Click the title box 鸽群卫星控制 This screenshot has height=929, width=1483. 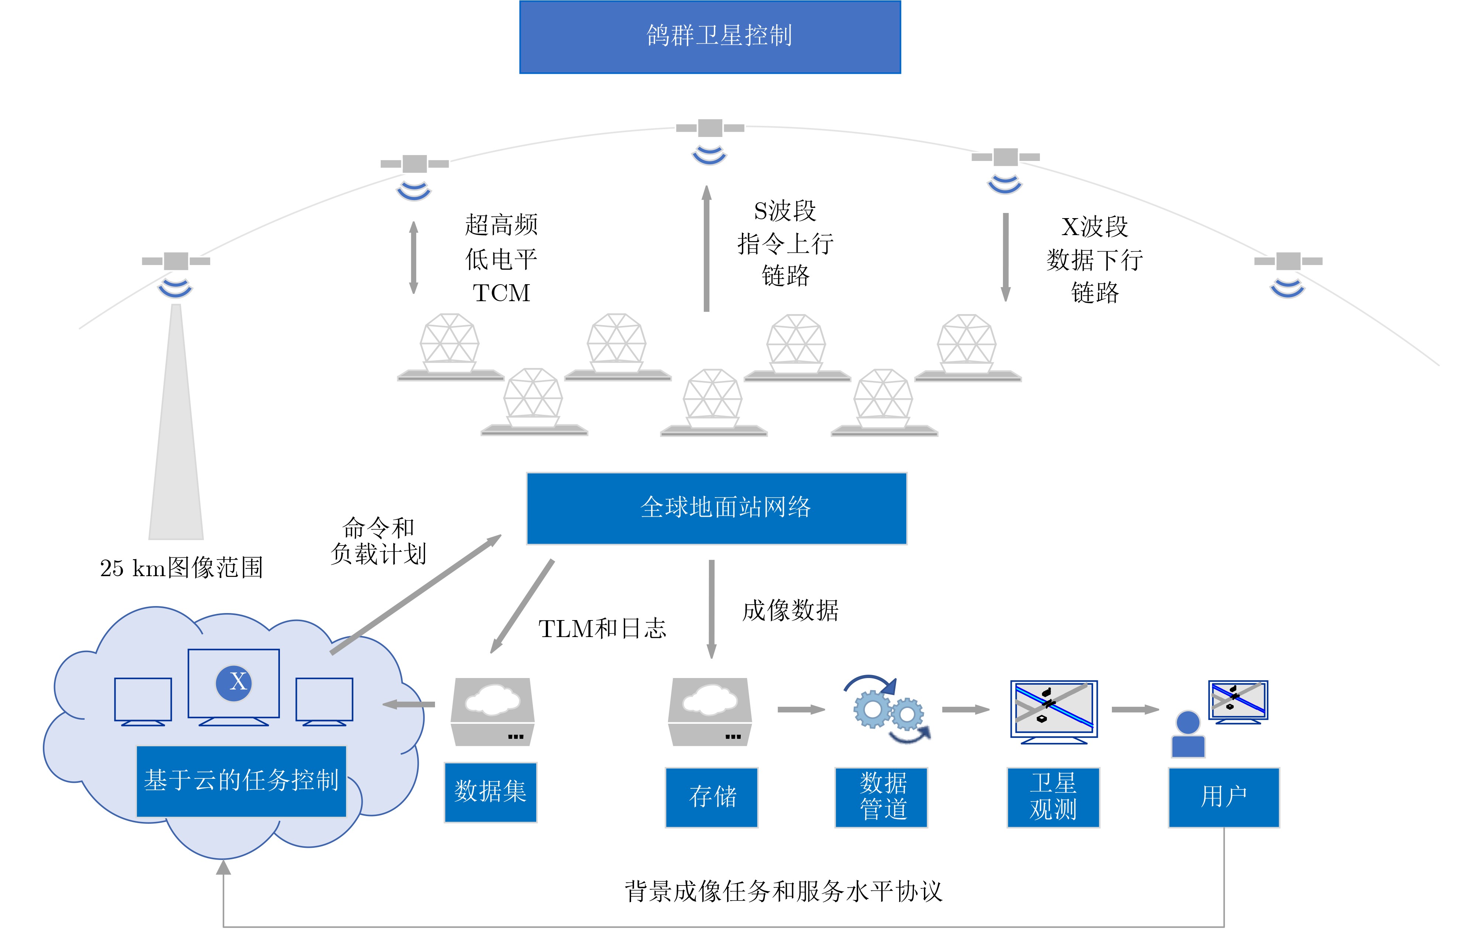pyautogui.click(x=710, y=37)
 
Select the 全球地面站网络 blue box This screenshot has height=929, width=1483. pyautogui.click(x=717, y=508)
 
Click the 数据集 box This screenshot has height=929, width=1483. pyautogui.click(x=490, y=792)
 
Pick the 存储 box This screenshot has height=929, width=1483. pyautogui.click(x=712, y=797)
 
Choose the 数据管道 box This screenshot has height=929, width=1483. pyautogui.click(x=881, y=797)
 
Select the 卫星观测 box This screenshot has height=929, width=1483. pyautogui.click(x=1054, y=797)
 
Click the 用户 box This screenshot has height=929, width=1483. pyautogui.click(x=1224, y=797)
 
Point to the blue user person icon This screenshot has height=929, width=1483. pyautogui.click(x=1188, y=734)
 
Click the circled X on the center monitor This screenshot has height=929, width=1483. pyautogui.click(x=233, y=682)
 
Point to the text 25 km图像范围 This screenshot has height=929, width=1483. pyautogui.click(x=181, y=568)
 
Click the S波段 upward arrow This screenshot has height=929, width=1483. pyautogui.click(x=707, y=248)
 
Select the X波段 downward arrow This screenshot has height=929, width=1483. pyautogui.click(x=1006, y=257)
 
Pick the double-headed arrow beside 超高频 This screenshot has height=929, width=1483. pyautogui.click(x=414, y=258)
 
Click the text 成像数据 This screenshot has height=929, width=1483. pyautogui.click(x=790, y=610)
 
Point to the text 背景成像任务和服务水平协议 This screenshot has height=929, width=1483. pyautogui.click(x=784, y=891)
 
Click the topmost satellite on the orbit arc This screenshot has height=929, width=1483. pyautogui.click(x=710, y=128)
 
